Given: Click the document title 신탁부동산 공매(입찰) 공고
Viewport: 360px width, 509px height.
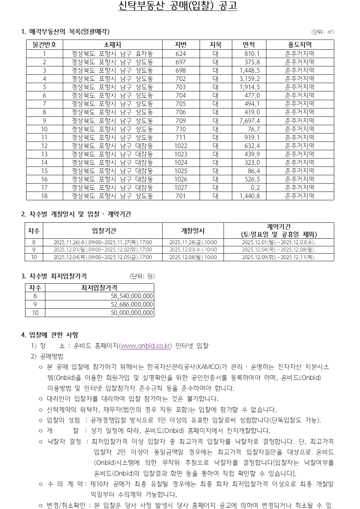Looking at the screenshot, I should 178,6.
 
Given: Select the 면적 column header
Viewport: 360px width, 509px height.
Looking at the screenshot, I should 249,45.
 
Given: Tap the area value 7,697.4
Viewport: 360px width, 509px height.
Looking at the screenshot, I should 250,120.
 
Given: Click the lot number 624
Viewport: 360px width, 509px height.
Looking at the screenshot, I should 180,53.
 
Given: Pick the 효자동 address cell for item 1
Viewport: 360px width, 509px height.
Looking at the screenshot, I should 112,53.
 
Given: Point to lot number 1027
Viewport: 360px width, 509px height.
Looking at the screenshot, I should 180,188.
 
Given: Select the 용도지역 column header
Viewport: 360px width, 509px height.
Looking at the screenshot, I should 299,45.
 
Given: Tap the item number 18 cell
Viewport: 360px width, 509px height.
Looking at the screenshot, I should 44,196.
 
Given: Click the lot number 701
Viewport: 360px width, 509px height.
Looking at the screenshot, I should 180,196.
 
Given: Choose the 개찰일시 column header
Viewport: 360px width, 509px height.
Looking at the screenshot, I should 193,231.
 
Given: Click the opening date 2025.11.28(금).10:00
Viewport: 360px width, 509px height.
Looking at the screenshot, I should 193,242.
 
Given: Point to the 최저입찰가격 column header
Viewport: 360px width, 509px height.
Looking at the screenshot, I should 99,288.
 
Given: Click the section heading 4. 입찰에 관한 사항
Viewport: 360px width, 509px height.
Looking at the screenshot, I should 50,334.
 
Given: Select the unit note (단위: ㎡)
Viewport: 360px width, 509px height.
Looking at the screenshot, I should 322,32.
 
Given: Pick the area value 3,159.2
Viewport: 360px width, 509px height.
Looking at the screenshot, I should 250,78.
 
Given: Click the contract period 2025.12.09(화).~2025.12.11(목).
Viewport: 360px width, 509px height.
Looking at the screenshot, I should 278,257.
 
